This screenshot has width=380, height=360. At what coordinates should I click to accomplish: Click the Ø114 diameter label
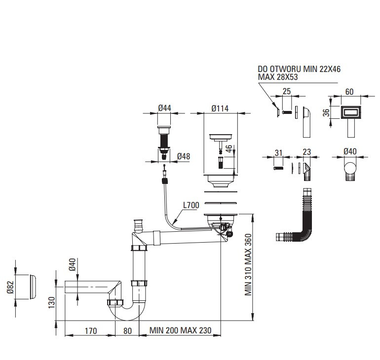click(x=220, y=108)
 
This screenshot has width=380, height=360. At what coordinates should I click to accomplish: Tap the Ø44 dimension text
click(x=164, y=108)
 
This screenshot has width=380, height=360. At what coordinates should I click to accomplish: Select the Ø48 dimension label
click(x=184, y=156)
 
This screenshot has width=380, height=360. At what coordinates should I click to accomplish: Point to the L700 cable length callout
click(x=191, y=205)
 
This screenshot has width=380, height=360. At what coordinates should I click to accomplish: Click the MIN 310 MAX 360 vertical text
click(x=248, y=265)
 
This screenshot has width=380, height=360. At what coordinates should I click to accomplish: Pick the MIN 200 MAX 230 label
click(x=180, y=330)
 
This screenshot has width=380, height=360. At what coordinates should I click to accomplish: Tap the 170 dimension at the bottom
click(x=91, y=331)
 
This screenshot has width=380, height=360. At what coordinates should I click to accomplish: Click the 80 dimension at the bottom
click(x=127, y=331)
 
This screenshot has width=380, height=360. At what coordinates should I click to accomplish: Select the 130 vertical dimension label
click(x=52, y=303)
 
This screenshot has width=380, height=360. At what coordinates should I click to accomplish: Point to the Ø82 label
click(x=10, y=287)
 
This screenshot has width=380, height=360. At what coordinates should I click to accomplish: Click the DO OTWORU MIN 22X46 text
click(x=299, y=69)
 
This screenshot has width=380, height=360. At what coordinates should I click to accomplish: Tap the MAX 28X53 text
click(x=278, y=77)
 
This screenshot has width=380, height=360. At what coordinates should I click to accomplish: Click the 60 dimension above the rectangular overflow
click(x=349, y=92)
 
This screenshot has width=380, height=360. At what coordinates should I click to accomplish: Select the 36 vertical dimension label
click(x=326, y=112)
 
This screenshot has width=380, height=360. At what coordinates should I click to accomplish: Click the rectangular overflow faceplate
click(x=351, y=112)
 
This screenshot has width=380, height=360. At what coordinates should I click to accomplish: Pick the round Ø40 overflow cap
click(x=350, y=168)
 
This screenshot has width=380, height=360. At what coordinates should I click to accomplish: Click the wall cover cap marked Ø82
click(x=33, y=287)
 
